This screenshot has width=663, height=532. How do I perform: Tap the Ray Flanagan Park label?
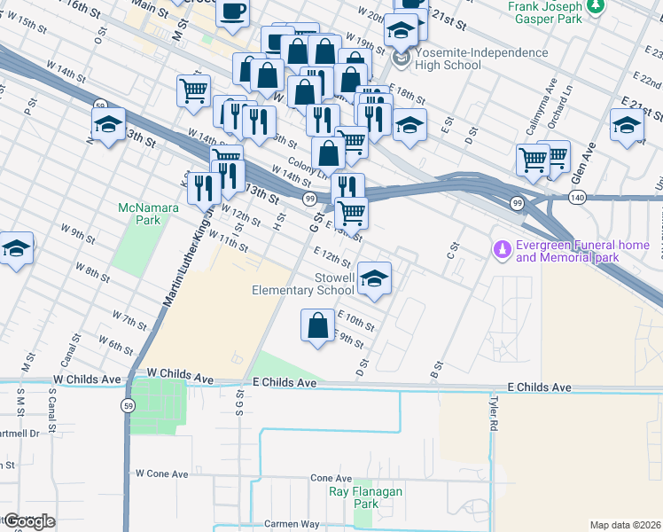365,497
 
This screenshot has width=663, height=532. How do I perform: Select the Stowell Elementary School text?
303,284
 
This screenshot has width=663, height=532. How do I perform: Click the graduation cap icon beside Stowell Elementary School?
374,279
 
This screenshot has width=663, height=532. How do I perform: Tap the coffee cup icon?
232,12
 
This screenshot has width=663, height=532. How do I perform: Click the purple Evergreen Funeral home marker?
503,251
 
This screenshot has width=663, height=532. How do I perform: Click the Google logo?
28,521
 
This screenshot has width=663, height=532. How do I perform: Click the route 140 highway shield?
578,195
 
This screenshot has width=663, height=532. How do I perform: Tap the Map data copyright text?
625,525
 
